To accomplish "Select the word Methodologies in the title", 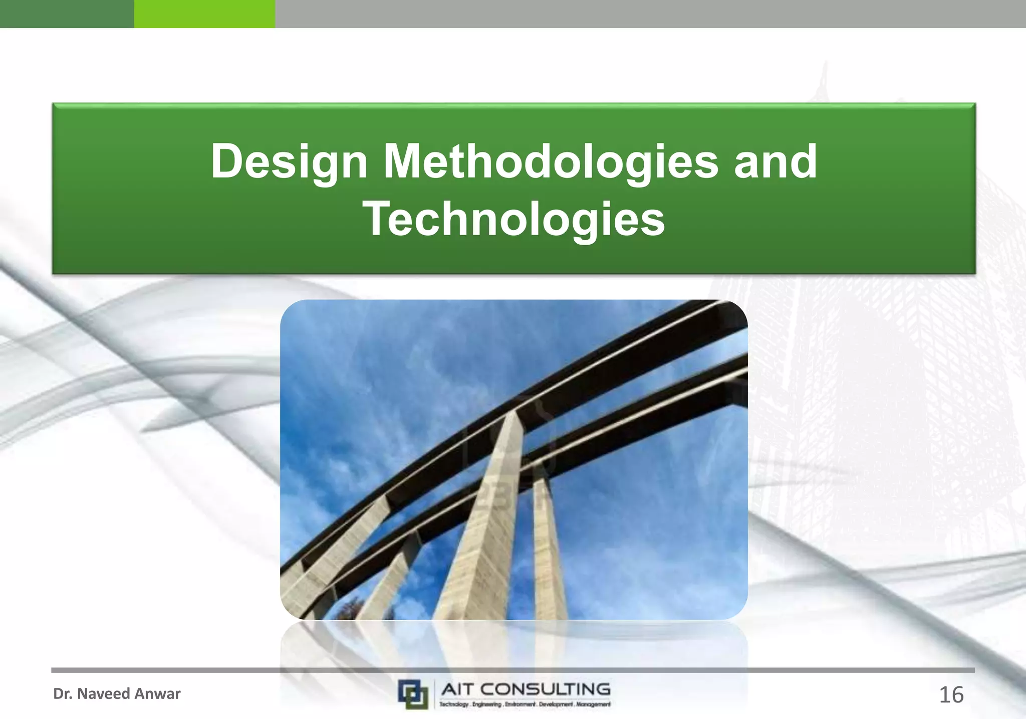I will click(551, 161).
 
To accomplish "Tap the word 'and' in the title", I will click(775, 161).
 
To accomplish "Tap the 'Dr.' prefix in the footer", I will click(62, 694).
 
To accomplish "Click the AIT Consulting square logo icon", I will click(413, 694).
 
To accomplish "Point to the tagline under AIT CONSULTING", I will click(525, 704).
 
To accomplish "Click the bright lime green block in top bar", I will click(204, 14).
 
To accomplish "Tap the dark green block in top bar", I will click(67, 14).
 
